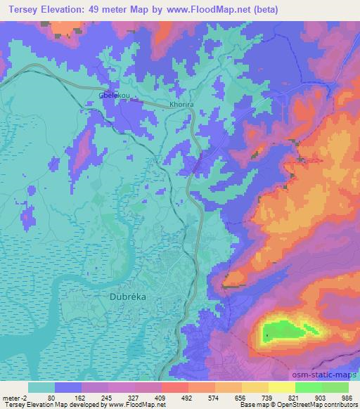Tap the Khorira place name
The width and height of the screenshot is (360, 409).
click(182, 104)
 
